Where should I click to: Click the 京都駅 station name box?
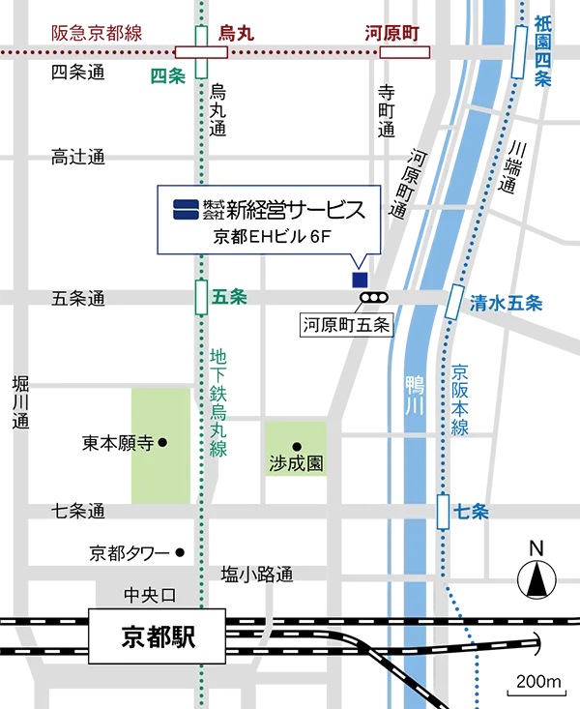coord(158,635)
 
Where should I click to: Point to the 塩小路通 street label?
coord(256,575)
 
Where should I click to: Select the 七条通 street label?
coord(78,510)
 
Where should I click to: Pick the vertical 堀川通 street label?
coord(20,402)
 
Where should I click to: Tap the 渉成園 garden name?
coord(296,463)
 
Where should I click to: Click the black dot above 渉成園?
coord(296,445)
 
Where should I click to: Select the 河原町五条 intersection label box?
coord(346,325)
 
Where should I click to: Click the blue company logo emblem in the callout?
coord(186,209)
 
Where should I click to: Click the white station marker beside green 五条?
coord(201,297)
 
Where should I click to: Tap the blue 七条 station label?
coord(469,512)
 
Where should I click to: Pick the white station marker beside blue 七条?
coord(443,512)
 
